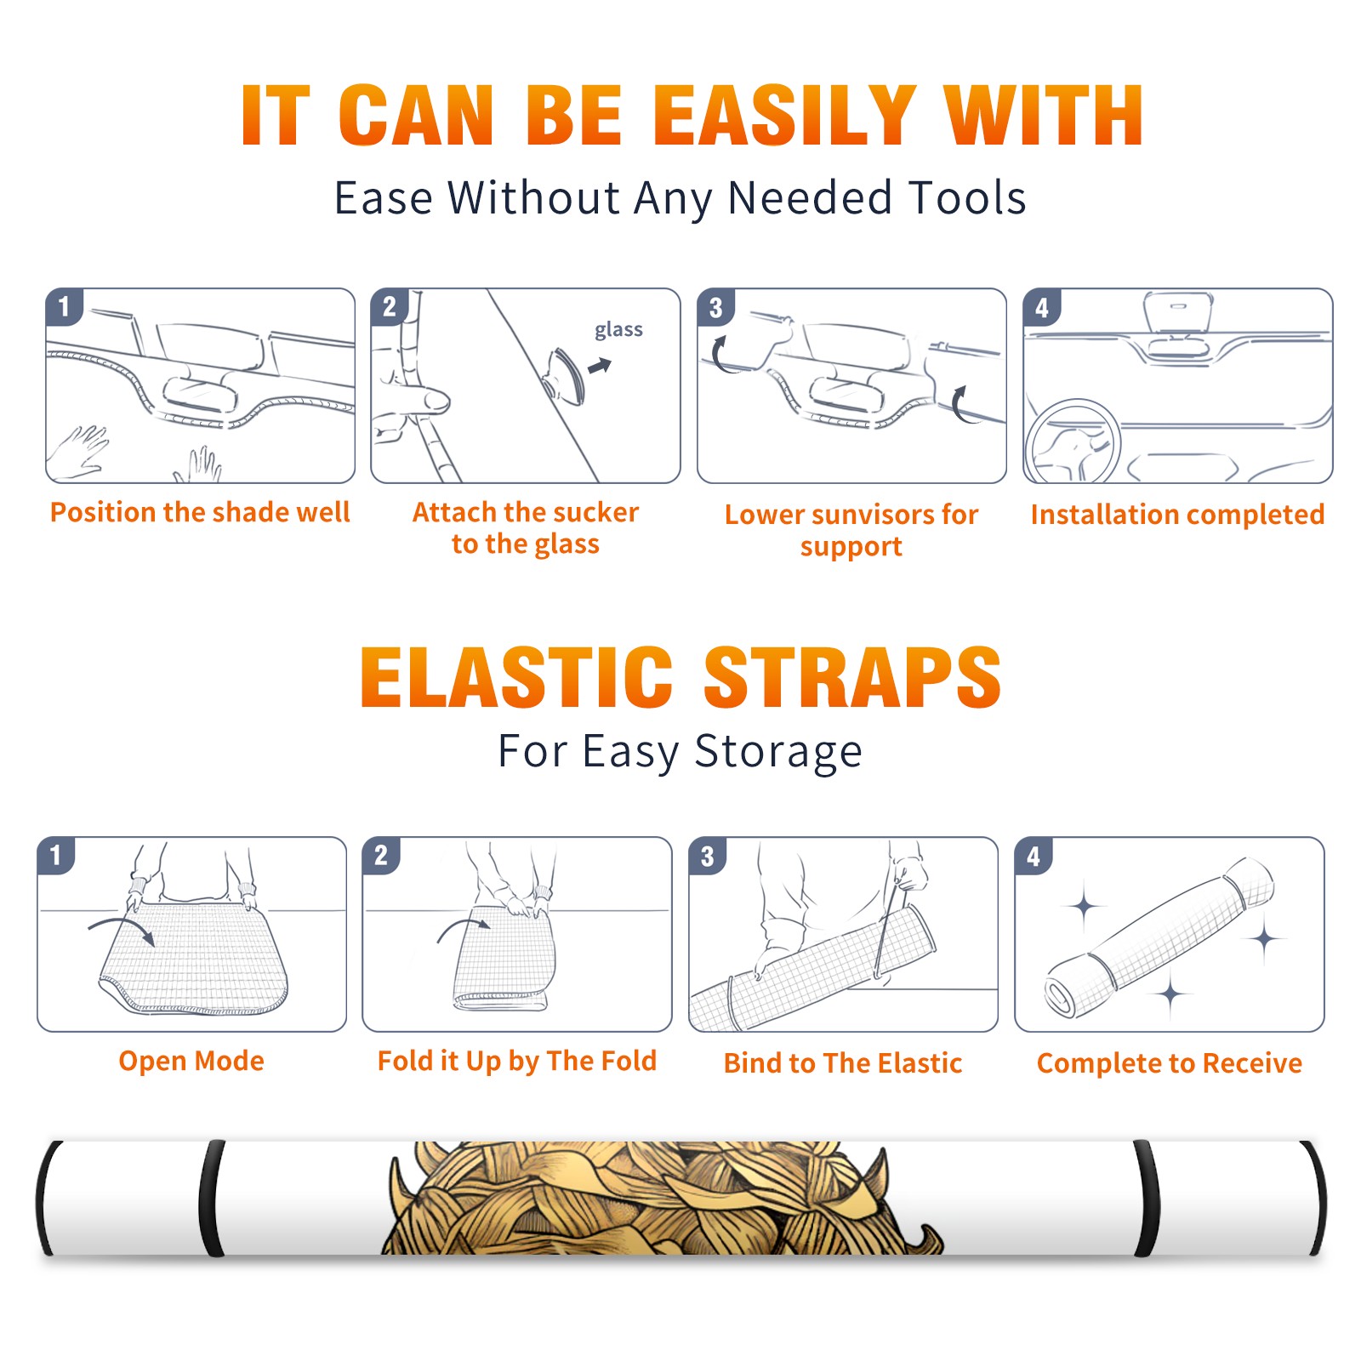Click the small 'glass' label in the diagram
tap(618, 330)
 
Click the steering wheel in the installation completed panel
tap(1073, 441)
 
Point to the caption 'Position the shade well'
tap(200, 512)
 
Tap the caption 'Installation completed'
tap(1177, 515)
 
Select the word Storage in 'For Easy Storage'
tap(777, 752)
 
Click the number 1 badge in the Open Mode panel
tap(56, 855)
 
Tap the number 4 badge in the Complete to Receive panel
tap(1034, 856)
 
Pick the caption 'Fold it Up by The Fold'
tap(517, 1062)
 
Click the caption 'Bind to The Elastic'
tap(843, 1063)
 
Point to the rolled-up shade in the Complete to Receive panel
tap(1159, 937)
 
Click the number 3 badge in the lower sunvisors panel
tap(715, 307)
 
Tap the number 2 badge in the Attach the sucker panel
tap(390, 306)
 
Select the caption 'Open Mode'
tap(191, 1061)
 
